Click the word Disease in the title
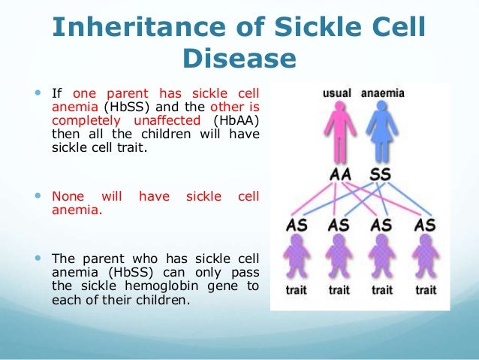(x=239, y=58)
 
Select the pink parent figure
(x=339, y=132)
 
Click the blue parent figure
(x=382, y=132)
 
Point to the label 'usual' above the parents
(x=337, y=93)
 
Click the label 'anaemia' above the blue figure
(x=383, y=93)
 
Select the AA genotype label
(x=340, y=174)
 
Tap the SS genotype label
(x=380, y=174)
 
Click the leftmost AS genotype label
(x=297, y=225)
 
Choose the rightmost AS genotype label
(x=425, y=225)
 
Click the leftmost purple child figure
(x=297, y=256)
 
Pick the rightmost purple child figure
(x=426, y=256)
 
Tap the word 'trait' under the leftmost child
(x=296, y=289)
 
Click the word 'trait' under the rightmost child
(x=426, y=289)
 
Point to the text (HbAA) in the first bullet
(x=236, y=120)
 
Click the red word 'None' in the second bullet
(x=68, y=196)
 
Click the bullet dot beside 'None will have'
(x=38, y=195)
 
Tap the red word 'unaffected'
(x=167, y=120)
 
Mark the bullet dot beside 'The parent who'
(x=38, y=258)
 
